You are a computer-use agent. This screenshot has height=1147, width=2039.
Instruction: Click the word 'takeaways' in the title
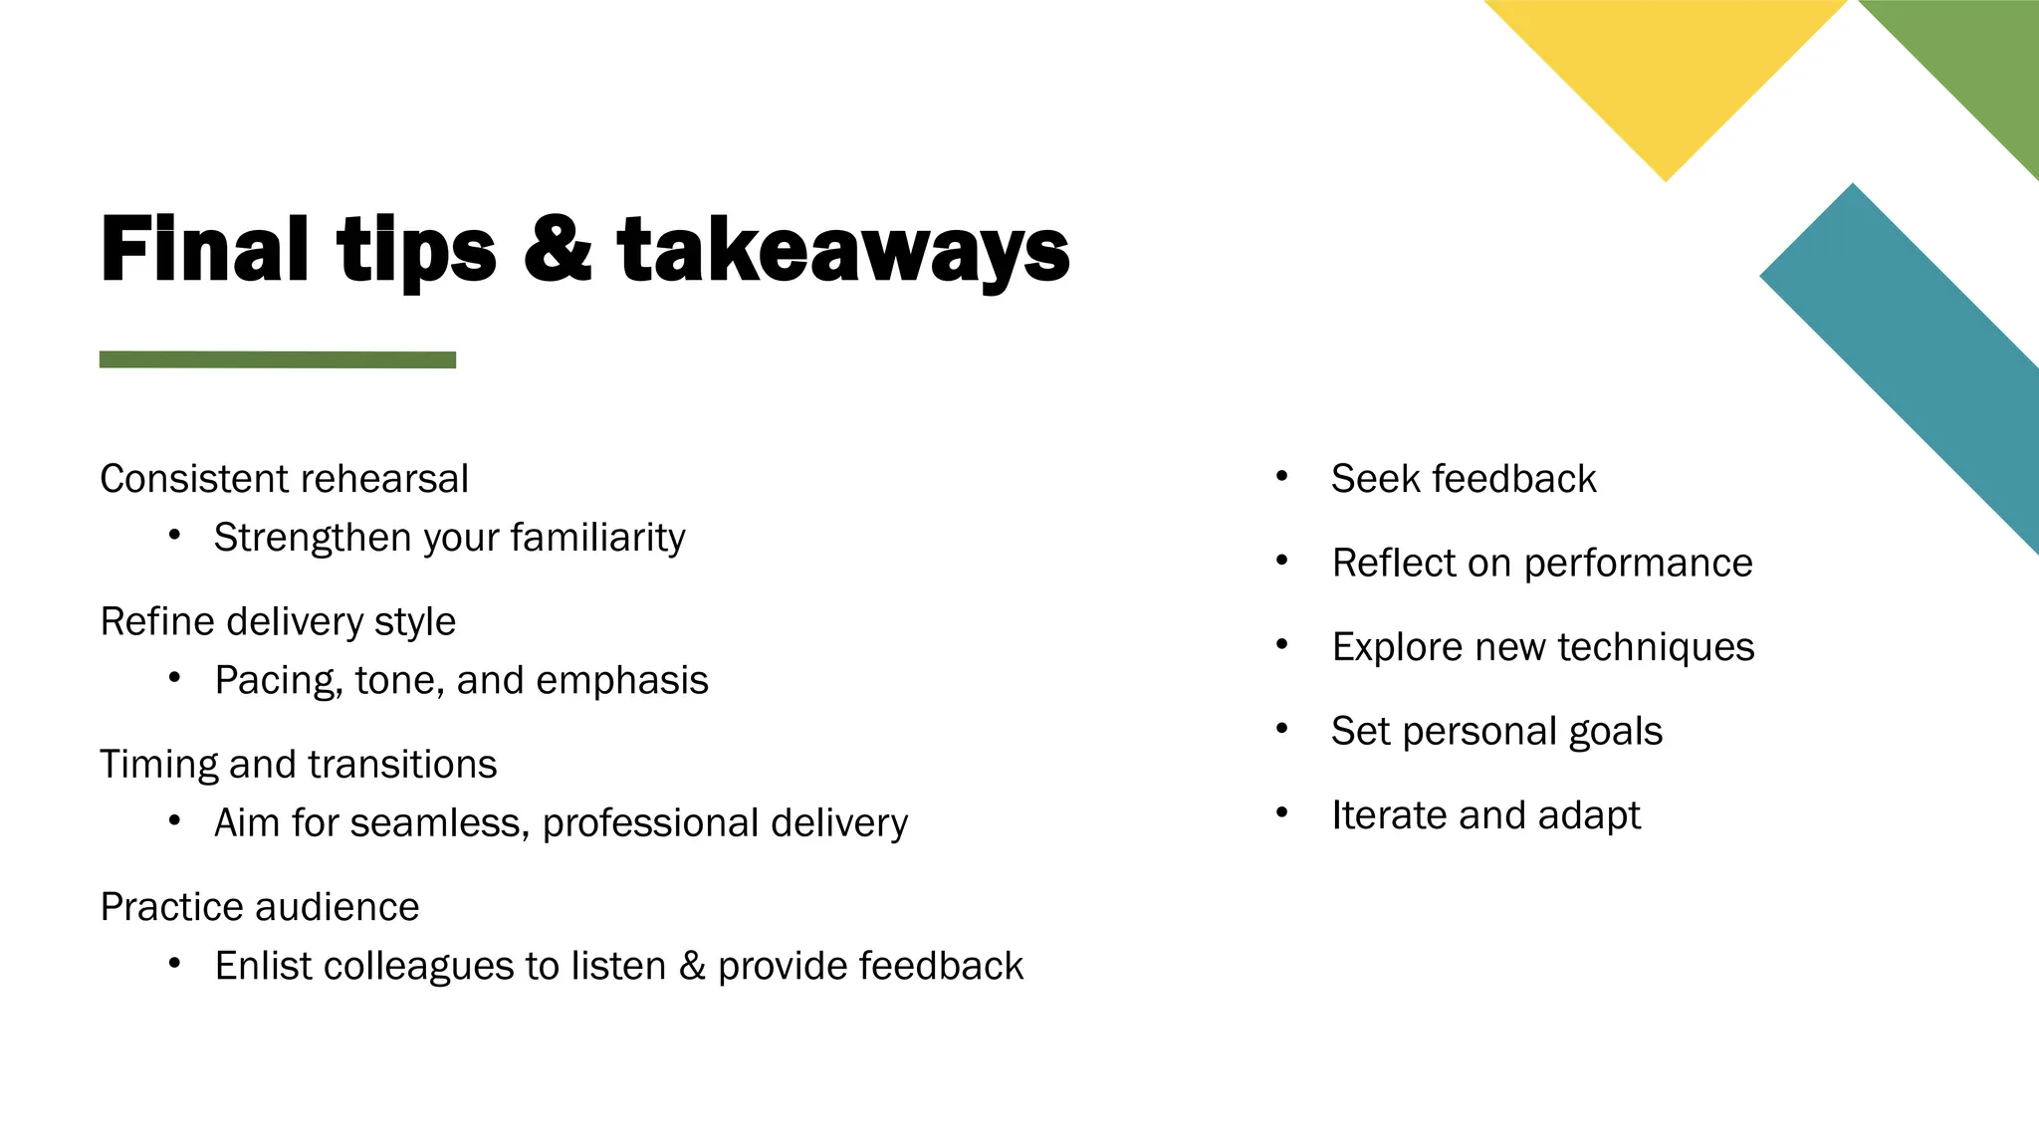click(x=842, y=250)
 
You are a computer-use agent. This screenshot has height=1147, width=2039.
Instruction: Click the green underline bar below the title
click(x=278, y=359)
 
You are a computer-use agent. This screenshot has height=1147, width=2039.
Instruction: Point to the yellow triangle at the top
click(x=1666, y=70)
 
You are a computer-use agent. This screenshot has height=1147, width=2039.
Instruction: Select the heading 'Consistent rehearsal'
click(x=284, y=479)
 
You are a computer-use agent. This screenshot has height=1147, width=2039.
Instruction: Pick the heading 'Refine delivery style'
click(x=278, y=621)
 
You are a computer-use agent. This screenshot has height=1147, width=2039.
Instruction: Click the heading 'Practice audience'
click(x=260, y=907)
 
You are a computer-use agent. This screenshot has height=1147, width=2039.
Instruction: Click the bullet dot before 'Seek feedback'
click(x=1282, y=477)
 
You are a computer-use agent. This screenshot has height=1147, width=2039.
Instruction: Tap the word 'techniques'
click(x=1656, y=647)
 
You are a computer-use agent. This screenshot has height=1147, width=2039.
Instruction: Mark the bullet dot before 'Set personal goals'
click(x=1282, y=730)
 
